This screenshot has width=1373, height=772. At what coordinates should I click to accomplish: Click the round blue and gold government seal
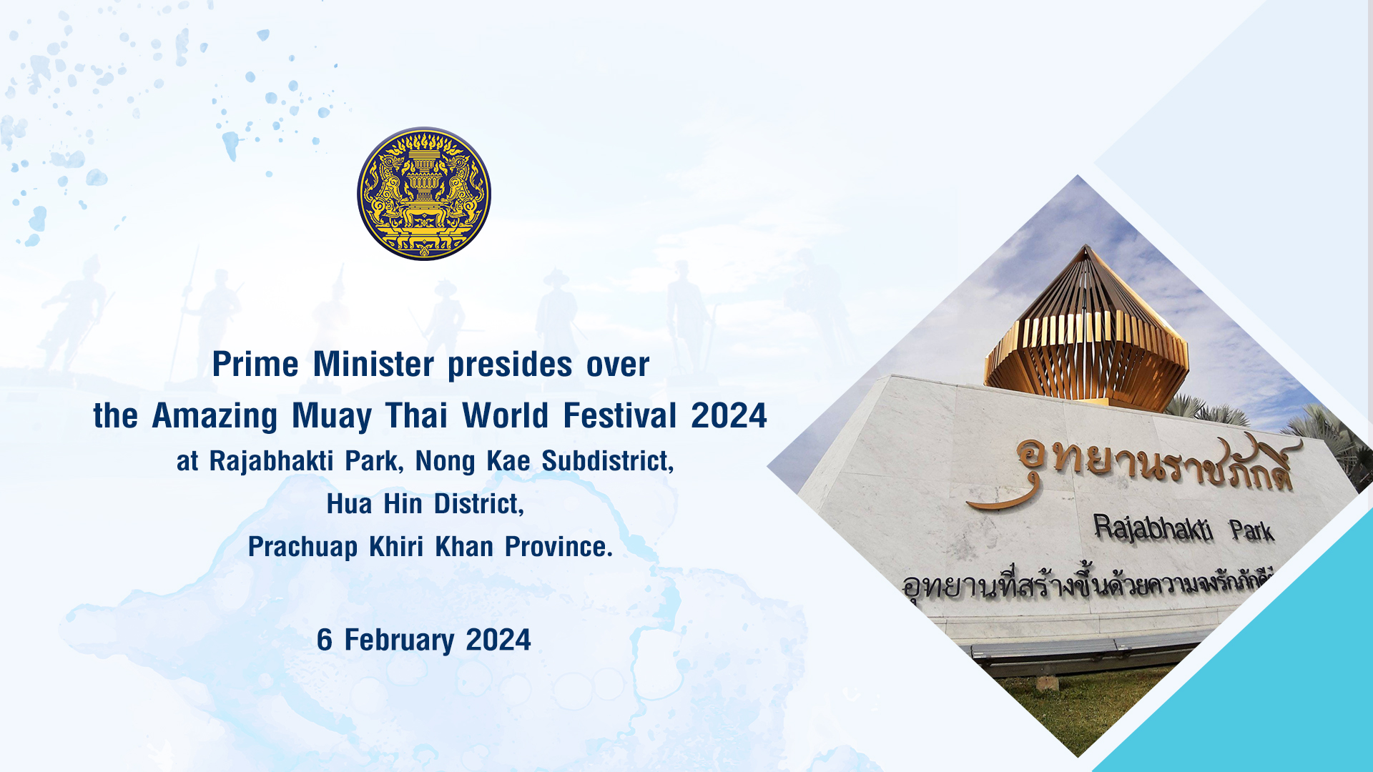coord(424,194)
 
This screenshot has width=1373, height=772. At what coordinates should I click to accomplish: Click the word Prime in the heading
coord(255,365)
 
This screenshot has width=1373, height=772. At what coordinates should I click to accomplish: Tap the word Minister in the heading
coord(373,365)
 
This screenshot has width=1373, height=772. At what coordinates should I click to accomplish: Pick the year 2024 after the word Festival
coord(729,415)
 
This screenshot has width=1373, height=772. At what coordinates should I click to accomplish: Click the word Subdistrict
coord(608,461)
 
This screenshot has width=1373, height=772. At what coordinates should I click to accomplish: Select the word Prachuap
coord(302,548)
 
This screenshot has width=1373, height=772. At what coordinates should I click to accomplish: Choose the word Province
coord(558,547)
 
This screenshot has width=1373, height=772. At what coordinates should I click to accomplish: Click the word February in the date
coord(399,640)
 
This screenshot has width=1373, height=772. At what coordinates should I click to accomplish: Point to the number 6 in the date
coord(325,640)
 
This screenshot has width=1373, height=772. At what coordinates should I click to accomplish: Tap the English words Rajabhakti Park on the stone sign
coord(1183,530)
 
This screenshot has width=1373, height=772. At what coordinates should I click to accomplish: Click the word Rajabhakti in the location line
coord(271,461)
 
